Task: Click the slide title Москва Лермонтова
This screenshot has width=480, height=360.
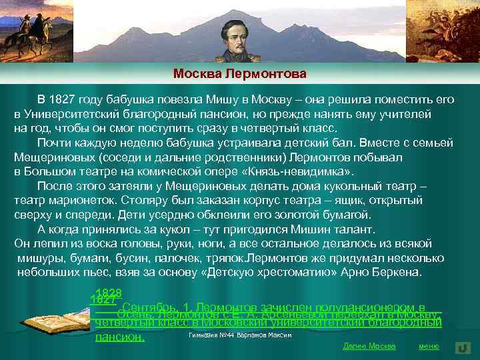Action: [240, 73]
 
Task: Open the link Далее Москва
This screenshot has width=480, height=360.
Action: [369, 346]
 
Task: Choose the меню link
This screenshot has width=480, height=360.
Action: [428, 346]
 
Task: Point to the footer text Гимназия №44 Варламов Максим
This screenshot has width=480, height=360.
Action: [240, 335]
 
